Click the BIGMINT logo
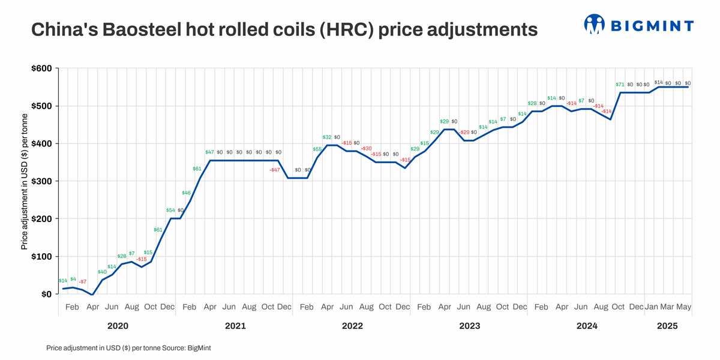pos(638,25)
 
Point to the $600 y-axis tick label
pos(41,68)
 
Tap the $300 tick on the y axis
pos(41,181)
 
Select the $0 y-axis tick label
pos(46,294)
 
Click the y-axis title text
pos(24,181)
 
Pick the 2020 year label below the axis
pos(118,326)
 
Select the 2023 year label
pos(469,326)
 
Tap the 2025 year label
pos(667,326)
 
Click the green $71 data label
pos(620,85)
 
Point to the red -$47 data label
pos(275,170)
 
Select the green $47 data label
pos(209,152)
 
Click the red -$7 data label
pos(83,282)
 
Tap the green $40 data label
pos(102,272)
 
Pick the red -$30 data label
pos(366,149)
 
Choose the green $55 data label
pos(317,149)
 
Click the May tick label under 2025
pos(684,307)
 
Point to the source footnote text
pos(128,348)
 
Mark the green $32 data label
pos(327,137)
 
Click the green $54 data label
pos(170,211)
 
